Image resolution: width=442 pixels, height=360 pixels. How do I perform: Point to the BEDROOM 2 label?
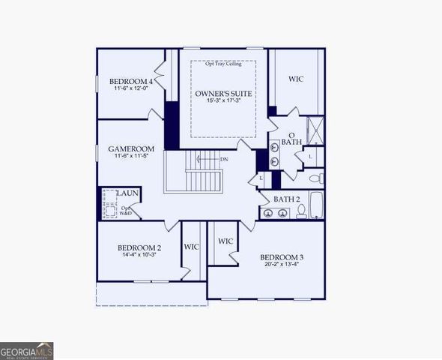139,247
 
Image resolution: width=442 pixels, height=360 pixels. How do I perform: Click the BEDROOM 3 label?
283,256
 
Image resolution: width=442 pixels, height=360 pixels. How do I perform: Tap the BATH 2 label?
286,199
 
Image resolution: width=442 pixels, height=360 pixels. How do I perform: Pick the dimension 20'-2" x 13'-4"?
283,265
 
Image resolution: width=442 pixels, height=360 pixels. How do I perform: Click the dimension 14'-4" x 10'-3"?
139,256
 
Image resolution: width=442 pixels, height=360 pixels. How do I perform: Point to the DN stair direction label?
224,159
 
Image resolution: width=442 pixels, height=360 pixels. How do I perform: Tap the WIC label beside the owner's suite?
295,79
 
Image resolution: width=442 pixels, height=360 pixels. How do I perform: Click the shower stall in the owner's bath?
315,131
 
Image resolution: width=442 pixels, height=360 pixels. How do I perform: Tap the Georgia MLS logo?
27,350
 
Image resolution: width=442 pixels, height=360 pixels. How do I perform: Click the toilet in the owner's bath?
318,178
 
